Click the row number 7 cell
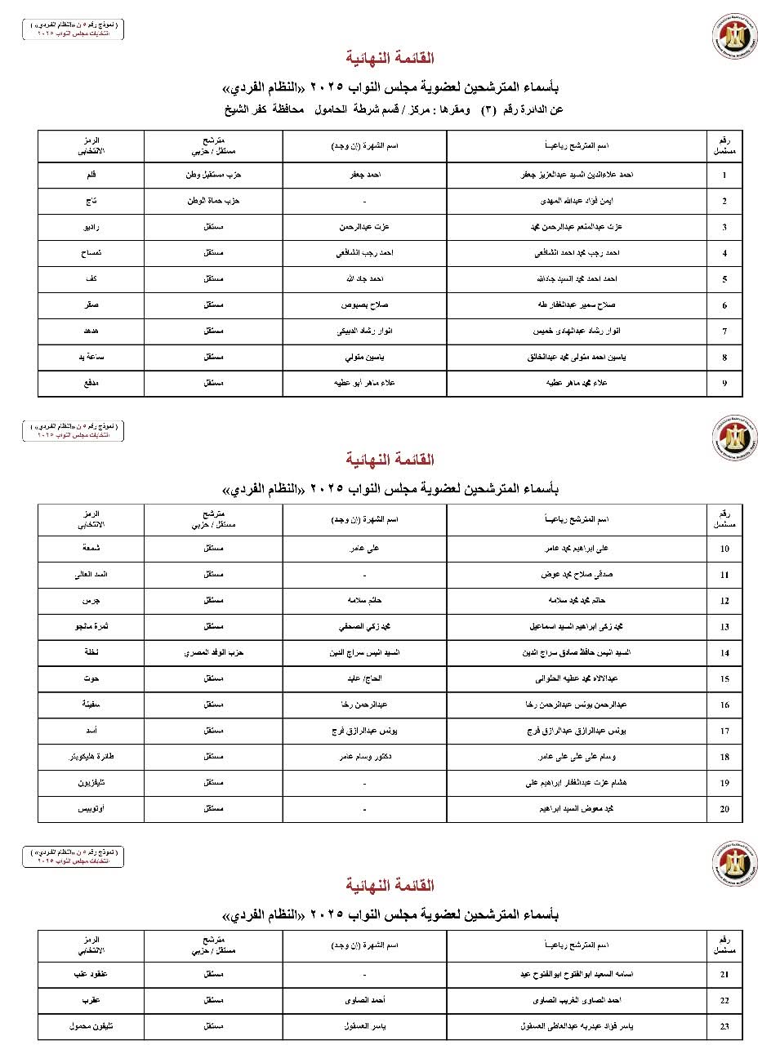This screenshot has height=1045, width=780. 724,331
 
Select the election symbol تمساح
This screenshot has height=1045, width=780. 91,253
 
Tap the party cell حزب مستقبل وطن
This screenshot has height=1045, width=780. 213,175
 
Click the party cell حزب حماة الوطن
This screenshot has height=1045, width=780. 213,201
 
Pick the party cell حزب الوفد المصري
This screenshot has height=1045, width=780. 213,652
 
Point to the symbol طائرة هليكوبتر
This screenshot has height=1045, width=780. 91,757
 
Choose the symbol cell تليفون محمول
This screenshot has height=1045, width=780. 91,1026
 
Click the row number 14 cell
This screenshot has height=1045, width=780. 724,653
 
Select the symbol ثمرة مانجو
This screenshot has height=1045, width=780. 91,626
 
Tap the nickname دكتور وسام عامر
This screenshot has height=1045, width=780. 365,757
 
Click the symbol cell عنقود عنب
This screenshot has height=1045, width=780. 91,974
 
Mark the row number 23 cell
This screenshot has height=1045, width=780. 724,1026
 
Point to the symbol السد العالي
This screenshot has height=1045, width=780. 91,574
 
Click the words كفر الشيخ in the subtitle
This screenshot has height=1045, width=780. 247,109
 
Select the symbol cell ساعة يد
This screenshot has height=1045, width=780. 91,358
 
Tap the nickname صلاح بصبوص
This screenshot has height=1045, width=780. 365,305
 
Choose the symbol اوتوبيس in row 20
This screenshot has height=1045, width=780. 91,809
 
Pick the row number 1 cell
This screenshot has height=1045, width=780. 724,175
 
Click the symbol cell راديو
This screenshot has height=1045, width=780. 91,227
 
